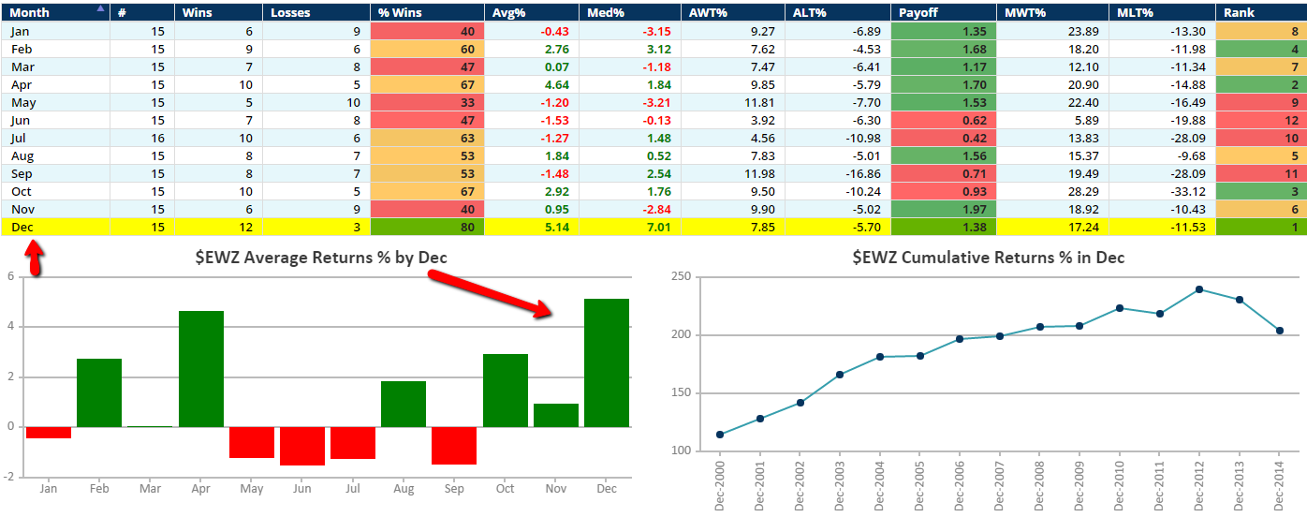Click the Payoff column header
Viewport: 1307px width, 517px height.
(918, 12)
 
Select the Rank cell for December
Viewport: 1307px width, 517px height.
(1260, 227)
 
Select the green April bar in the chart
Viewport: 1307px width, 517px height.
(201, 369)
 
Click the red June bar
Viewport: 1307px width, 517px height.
(302, 446)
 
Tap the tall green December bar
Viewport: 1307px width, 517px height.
(606, 362)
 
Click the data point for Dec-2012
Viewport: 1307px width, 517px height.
(1198, 289)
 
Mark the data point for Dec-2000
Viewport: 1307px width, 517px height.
(719, 435)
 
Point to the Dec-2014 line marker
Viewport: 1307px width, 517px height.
(1279, 331)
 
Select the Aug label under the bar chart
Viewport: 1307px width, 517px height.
(403, 488)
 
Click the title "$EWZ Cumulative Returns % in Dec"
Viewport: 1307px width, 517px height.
(988, 257)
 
